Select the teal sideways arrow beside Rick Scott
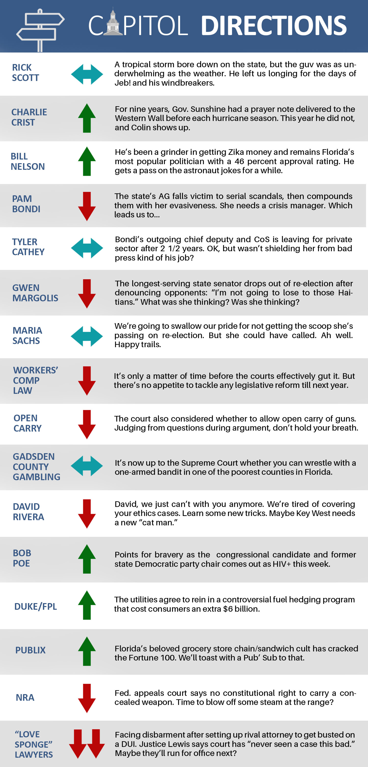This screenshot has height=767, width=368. click(x=87, y=74)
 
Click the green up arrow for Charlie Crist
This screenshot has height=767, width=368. click(x=87, y=118)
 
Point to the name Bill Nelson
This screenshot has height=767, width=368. click(x=28, y=161)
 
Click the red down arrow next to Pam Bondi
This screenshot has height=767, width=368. click(x=87, y=206)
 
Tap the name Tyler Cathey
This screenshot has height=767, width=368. click(x=28, y=247)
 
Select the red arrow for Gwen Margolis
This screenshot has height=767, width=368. click(x=87, y=294)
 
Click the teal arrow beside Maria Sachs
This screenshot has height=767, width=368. click(x=87, y=336)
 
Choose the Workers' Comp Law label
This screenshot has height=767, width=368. click(x=35, y=380)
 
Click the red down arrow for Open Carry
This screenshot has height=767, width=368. click(x=87, y=424)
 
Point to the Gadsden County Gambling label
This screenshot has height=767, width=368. click(x=37, y=467)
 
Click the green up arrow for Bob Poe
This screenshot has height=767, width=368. click(x=87, y=559)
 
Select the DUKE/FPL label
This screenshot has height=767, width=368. click(x=35, y=606)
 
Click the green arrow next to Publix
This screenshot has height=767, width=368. click(x=87, y=651)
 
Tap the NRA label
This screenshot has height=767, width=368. click(x=25, y=697)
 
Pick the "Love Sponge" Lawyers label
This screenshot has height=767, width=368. click(x=34, y=744)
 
